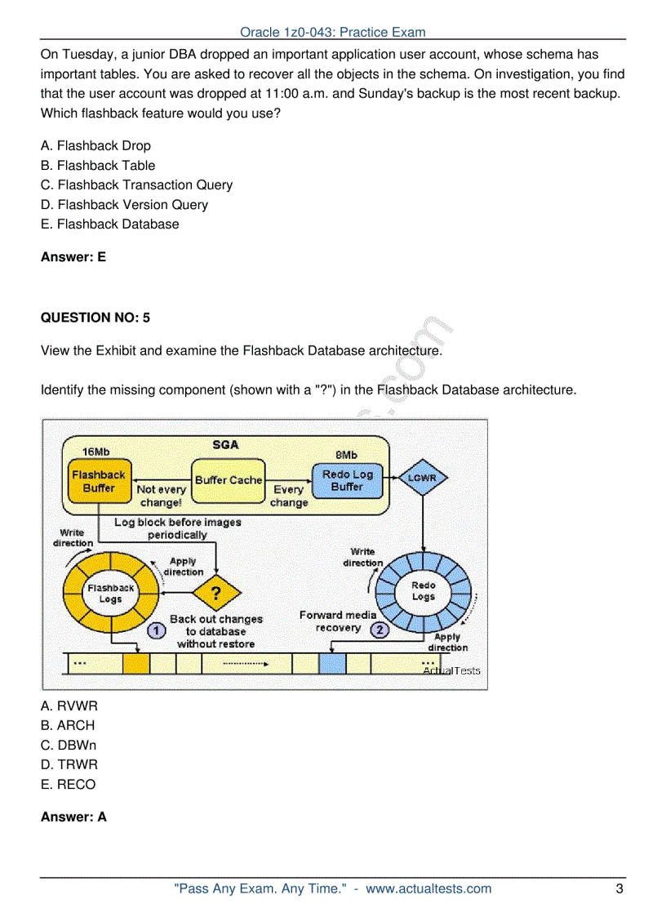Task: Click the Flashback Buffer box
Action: [99, 481]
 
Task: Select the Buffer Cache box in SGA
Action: [229, 481]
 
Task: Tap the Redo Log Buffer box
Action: [347, 480]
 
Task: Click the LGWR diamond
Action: [422, 478]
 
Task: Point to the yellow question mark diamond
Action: [215, 592]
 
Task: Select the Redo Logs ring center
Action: [423, 591]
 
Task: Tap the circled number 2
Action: [380, 630]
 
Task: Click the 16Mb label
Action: [95, 452]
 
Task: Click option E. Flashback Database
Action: [110, 224]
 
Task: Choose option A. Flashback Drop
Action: [95, 145]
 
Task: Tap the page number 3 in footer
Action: [619, 888]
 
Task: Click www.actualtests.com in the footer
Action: [428, 888]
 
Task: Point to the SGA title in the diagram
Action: [226, 445]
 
